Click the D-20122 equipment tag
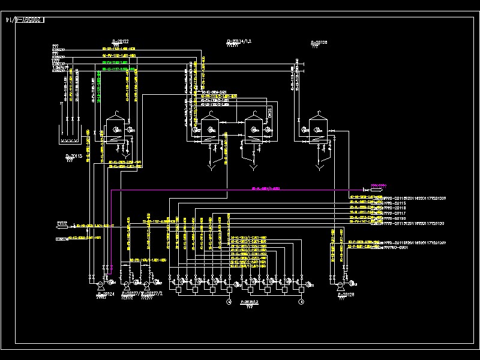(x=119, y=41)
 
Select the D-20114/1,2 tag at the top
(x=239, y=41)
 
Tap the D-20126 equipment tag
(x=319, y=41)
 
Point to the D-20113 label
(x=74, y=156)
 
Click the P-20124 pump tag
(x=101, y=294)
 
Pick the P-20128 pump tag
(x=346, y=295)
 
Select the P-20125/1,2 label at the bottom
(x=250, y=302)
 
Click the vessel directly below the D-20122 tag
(x=115, y=128)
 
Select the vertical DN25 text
(x=270, y=112)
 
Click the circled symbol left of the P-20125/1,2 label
(x=228, y=303)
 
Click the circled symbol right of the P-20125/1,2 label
(x=301, y=303)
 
